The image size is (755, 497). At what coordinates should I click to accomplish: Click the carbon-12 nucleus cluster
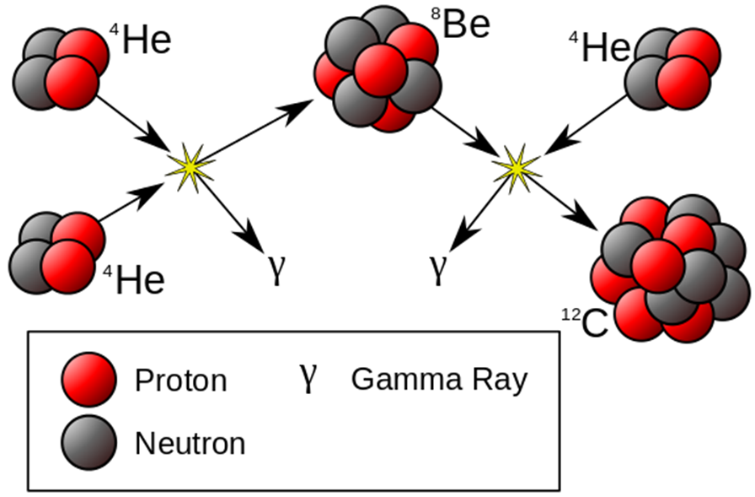[670, 268]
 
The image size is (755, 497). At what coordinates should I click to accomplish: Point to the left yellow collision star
[190, 165]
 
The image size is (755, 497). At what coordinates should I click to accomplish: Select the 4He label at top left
[141, 40]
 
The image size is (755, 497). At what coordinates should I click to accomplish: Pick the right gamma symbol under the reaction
[436, 268]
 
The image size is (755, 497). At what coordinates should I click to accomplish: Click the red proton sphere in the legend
[88, 379]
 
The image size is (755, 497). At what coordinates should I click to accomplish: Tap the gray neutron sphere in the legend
[88, 441]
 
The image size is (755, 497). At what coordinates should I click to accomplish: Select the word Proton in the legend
[180, 381]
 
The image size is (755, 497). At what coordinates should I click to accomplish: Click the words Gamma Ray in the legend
[438, 379]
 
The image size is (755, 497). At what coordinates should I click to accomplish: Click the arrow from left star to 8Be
[253, 131]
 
